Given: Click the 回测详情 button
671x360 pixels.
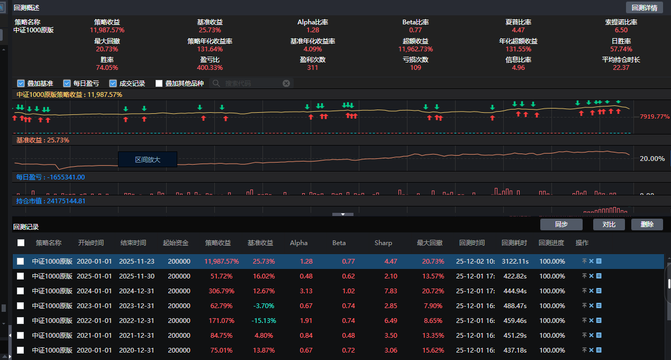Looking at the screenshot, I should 644,7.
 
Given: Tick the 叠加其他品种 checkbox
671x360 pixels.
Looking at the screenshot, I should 159,83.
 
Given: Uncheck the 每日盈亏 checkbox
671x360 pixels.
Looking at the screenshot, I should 67,83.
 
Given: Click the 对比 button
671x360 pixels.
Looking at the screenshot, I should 609,224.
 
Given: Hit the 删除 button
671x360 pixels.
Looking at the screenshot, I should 647,224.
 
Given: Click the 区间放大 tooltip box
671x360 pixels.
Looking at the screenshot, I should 148,159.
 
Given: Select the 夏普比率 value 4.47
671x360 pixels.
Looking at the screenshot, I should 518,30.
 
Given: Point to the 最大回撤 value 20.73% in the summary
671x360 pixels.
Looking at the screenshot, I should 107,49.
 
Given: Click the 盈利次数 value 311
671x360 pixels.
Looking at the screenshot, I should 312,68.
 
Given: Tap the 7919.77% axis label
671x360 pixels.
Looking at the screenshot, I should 655,116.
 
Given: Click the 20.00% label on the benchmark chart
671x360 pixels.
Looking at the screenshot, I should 652,159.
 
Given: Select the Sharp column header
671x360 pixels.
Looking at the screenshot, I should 383,243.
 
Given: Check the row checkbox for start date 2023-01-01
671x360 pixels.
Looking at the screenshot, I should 21,306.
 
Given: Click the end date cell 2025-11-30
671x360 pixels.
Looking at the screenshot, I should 137,276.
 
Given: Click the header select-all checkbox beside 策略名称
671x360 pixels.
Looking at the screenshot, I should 21,243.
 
